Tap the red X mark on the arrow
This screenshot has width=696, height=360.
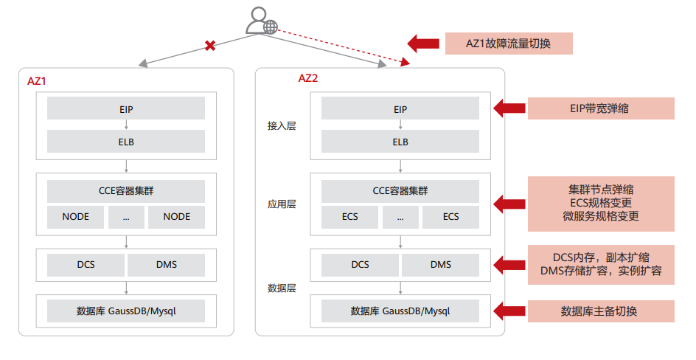(x=210, y=46)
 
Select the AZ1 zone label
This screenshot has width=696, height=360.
(x=37, y=81)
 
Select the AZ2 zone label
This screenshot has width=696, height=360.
(x=307, y=78)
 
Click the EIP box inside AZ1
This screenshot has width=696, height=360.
(x=126, y=109)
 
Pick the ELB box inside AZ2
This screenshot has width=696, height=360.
(x=400, y=142)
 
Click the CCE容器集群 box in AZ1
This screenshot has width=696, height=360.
(x=126, y=191)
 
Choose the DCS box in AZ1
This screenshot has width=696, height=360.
(x=86, y=264)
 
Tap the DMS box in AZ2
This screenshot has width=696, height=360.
(x=441, y=264)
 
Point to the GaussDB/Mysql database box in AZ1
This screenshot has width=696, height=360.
(x=126, y=311)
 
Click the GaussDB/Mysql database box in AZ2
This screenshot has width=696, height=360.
(x=400, y=311)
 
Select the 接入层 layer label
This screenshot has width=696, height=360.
(x=281, y=126)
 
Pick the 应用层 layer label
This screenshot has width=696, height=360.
(x=281, y=204)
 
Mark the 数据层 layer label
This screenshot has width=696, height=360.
(x=281, y=288)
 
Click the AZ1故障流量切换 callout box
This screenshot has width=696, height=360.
(x=509, y=43)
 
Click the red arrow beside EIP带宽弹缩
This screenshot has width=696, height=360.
(x=509, y=108)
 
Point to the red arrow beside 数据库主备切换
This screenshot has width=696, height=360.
(x=509, y=311)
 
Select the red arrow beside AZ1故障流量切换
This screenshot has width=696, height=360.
(x=423, y=43)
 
